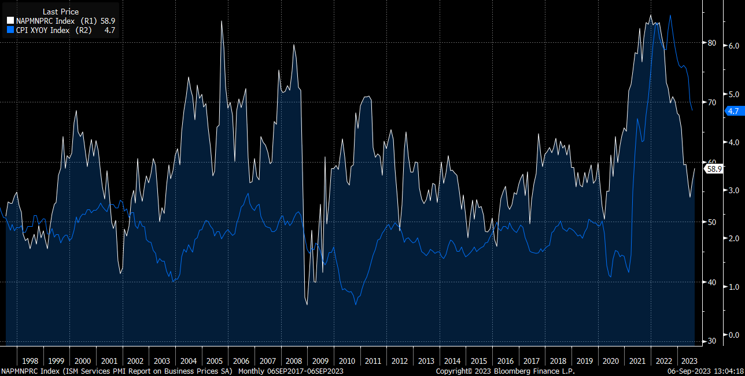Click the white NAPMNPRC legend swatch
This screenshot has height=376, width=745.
coord(10,21)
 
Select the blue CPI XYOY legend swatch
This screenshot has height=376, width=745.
coord(10,30)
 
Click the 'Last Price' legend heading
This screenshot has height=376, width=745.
coord(61,12)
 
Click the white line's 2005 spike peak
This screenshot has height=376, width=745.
coord(222,21)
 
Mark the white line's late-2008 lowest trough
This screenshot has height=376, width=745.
coord(307,304)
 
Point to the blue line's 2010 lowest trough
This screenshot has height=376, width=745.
coord(356,304)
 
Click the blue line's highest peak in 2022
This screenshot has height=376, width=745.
coord(670,16)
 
